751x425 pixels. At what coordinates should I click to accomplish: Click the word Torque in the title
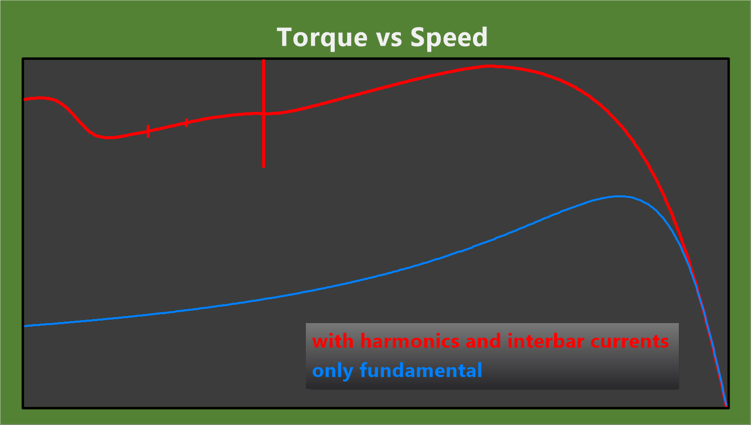point(322,38)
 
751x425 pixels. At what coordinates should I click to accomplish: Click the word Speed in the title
point(449,38)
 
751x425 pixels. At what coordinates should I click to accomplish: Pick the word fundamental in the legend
point(421,370)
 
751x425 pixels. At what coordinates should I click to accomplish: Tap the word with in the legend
point(333,341)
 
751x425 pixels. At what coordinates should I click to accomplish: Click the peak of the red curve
point(488,67)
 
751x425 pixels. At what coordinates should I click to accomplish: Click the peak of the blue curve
point(620,196)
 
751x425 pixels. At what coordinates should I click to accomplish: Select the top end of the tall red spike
point(264,60)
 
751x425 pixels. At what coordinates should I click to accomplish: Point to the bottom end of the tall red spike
point(264,166)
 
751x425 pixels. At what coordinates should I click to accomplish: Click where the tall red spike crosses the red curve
point(264,114)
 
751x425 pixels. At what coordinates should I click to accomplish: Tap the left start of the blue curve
point(25,326)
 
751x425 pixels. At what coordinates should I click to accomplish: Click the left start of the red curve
point(25,99)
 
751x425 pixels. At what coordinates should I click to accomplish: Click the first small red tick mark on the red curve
point(148,131)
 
